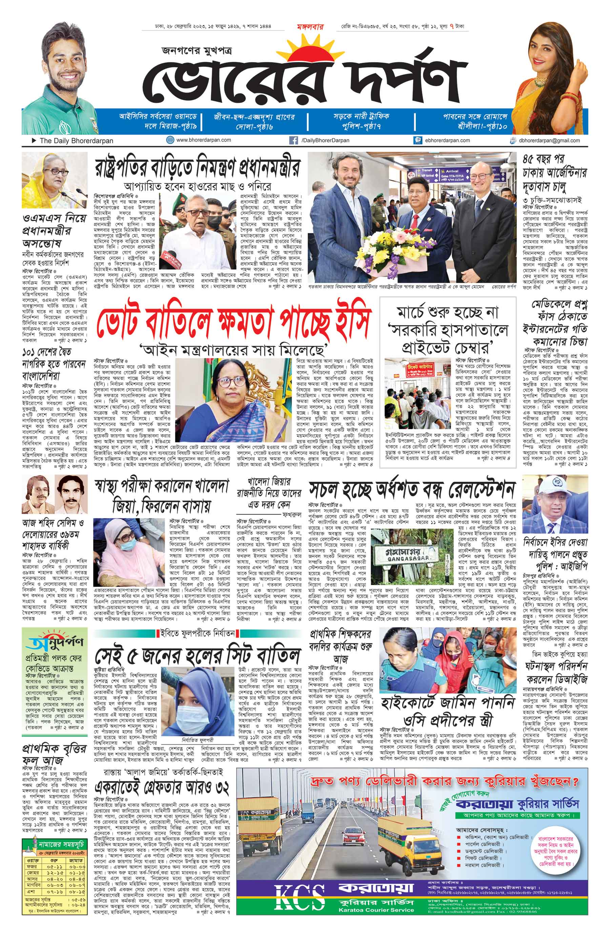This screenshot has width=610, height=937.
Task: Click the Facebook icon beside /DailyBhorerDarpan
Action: tap(293, 140)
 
